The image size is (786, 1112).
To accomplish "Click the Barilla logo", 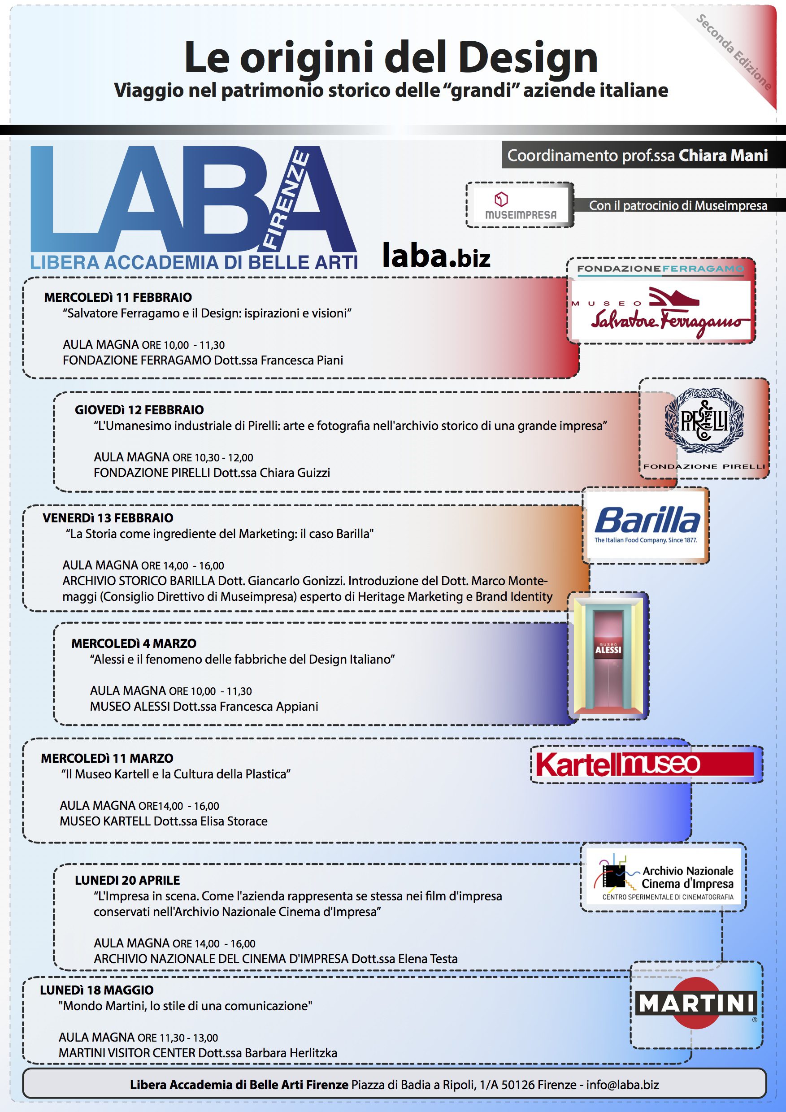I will click(x=647, y=525).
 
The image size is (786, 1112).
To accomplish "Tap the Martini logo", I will click(x=696, y=1004).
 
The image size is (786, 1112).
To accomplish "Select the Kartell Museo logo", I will click(x=644, y=764).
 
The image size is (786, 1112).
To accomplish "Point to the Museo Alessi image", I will click(x=608, y=656).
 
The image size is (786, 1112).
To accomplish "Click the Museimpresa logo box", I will click(x=520, y=205).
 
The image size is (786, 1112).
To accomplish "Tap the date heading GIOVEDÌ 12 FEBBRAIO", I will click(x=139, y=410).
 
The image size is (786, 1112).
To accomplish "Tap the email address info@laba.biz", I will click(x=622, y=1085).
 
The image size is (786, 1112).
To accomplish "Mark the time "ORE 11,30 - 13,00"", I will click(x=178, y=1038).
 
